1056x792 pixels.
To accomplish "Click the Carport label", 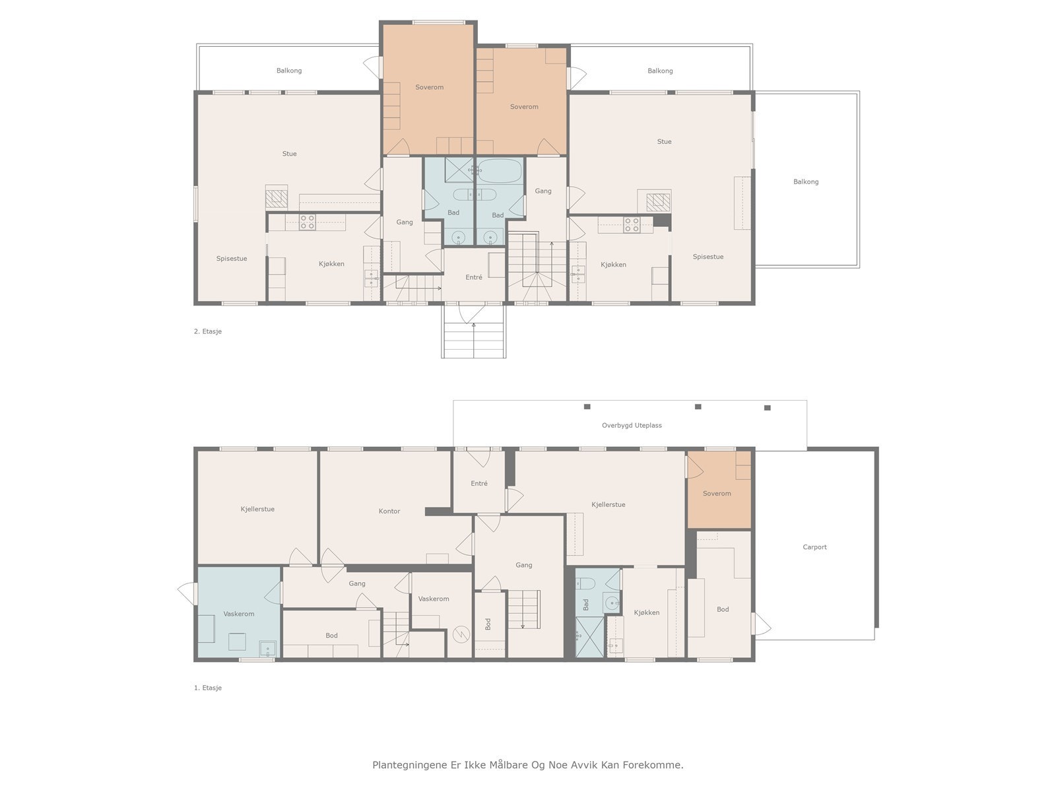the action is point(814,546).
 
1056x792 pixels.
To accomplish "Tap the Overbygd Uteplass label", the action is point(631,425).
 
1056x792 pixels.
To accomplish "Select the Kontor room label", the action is point(389,511).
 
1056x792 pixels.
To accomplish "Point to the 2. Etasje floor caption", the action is point(208,331).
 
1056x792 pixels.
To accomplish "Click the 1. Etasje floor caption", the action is point(208,688).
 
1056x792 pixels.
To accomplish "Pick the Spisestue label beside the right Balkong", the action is point(708,257).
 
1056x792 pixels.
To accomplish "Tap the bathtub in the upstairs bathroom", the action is point(500,171).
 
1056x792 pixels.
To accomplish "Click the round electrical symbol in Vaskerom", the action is point(460,634).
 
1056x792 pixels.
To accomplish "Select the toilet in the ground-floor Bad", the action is point(587,583).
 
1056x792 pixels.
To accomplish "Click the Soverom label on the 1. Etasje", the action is point(716,494).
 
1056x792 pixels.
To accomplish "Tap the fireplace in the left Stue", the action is point(276,197).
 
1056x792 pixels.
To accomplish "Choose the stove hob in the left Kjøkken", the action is point(307,222).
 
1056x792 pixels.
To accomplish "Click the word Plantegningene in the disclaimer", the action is point(409,765).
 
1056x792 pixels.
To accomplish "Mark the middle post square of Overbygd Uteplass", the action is point(698,407).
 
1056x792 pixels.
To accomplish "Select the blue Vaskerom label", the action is point(239,614).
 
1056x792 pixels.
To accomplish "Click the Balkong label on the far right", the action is point(805,181).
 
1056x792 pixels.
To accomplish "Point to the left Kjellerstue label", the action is point(257,509).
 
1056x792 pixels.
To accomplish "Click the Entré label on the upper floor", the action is point(473,277).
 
